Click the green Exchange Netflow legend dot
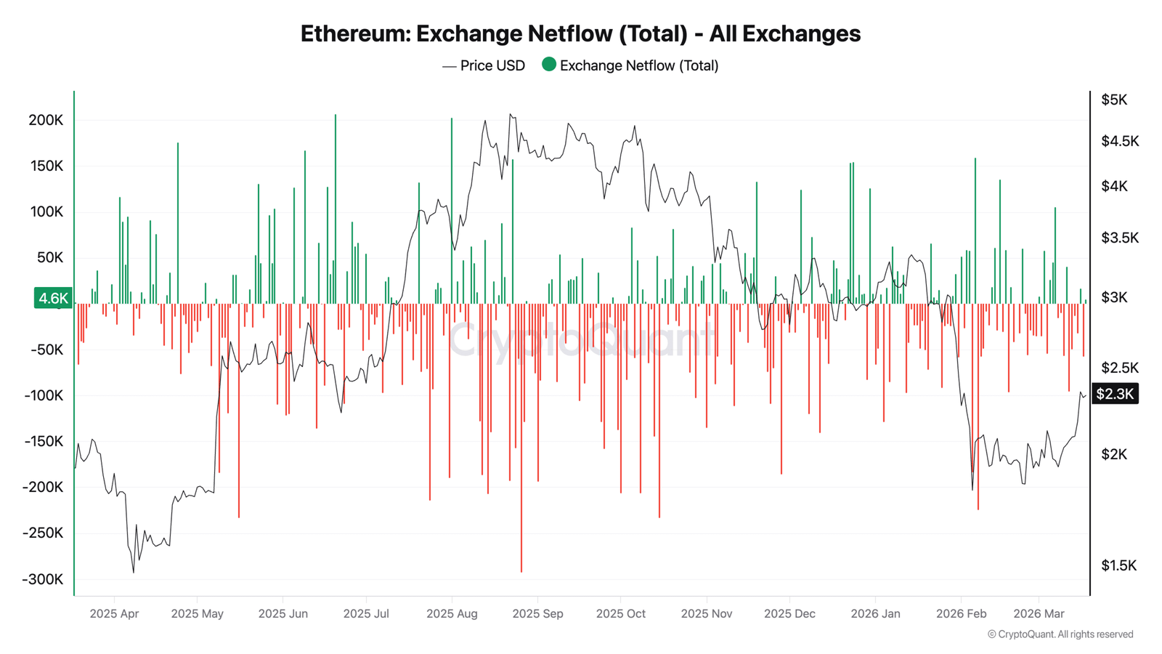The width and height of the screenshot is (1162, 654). click(549, 65)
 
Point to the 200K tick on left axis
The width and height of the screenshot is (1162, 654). click(46, 120)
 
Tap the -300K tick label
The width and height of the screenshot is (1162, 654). click(43, 580)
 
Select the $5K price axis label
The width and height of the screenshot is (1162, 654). click(1114, 100)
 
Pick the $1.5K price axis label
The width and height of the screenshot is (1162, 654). click(1118, 565)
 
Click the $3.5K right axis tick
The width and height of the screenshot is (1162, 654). click(1119, 238)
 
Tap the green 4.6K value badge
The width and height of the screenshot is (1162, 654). click(53, 298)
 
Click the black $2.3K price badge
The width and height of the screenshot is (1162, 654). click(1115, 394)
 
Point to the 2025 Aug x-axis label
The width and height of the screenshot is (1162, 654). click(452, 614)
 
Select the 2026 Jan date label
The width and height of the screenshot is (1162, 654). click(875, 614)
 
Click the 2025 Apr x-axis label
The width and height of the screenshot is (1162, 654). click(114, 614)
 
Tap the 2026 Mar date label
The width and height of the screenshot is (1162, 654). click(1039, 614)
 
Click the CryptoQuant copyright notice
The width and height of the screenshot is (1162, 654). click(1060, 634)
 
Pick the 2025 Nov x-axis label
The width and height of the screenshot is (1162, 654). click(706, 614)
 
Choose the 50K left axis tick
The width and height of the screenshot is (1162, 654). click(49, 258)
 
